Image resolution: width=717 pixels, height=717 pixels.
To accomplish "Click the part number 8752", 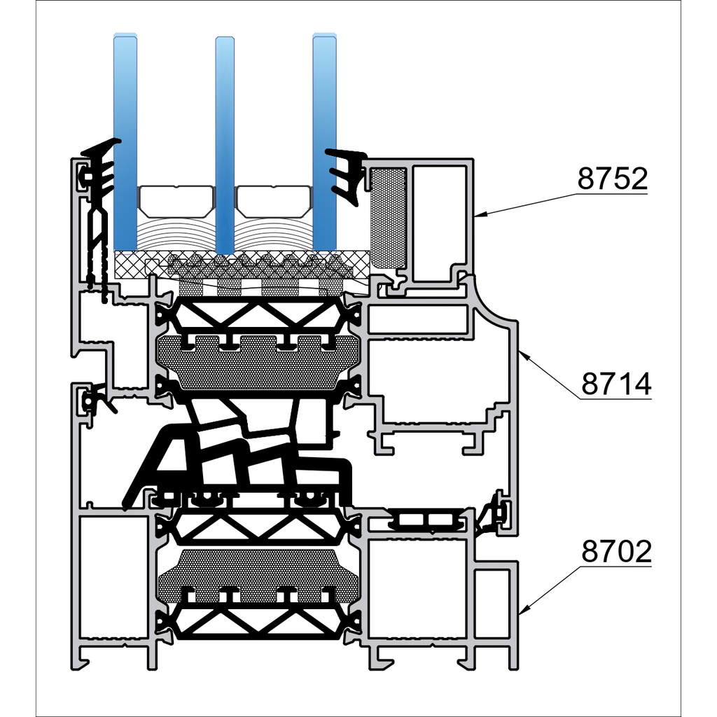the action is pyautogui.click(x=612, y=179).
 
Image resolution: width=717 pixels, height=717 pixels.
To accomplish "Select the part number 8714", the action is pyautogui.click(x=616, y=384).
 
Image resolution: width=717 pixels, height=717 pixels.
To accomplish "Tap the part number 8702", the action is pyautogui.click(x=616, y=551).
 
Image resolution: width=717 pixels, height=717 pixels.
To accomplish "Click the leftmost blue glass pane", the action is pyautogui.click(x=125, y=142).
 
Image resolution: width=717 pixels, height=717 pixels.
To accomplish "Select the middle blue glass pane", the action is pyautogui.click(x=225, y=145).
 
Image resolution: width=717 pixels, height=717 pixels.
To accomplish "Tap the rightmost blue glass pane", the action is pyautogui.click(x=325, y=142).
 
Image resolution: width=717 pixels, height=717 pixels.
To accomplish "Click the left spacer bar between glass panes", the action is pyautogui.click(x=176, y=201).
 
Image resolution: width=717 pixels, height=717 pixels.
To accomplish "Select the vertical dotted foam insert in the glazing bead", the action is pyautogui.click(x=388, y=218).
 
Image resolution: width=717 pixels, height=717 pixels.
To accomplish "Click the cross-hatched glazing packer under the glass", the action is pyautogui.click(x=242, y=265).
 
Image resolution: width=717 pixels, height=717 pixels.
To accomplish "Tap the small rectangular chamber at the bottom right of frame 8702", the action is pyautogui.click(x=492, y=604).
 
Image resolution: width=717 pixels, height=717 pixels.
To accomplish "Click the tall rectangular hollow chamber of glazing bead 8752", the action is pyautogui.click(x=440, y=223).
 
